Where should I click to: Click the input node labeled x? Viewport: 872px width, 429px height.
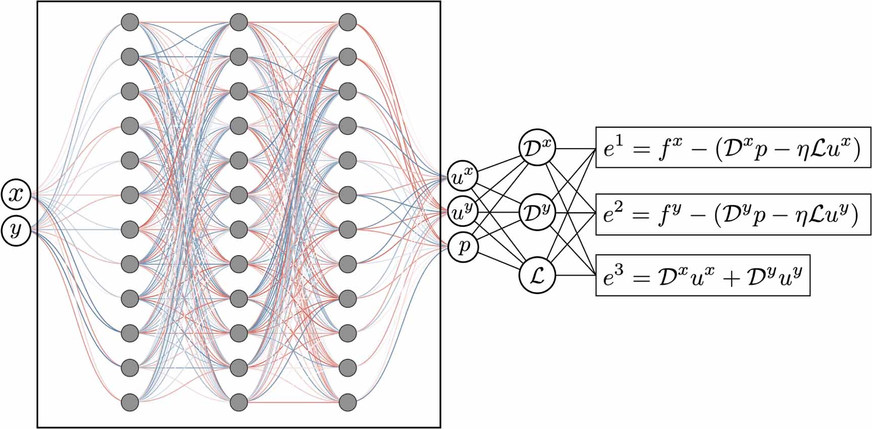(x=17, y=194)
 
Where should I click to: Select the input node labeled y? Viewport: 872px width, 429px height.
(x=17, y=230)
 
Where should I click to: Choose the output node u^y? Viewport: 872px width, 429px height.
(x=463, y=212)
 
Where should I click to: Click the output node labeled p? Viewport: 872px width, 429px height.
(x=463, y=247)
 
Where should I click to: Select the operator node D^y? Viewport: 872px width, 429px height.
(x=537, y=212)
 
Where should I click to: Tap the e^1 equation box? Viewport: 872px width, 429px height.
(x=733, y=148)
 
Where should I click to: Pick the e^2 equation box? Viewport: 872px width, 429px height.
(x=733, y=214)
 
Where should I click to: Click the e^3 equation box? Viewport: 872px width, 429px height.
(x=703, y=275)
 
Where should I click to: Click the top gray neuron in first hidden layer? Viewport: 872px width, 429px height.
(x=130, y=22)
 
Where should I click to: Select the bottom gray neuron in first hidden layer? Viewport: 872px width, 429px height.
(x=130, y=403)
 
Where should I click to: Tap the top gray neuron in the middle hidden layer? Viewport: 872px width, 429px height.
(x=239, y=22)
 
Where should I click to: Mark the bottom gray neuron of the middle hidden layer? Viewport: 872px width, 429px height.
(x=239, y=403)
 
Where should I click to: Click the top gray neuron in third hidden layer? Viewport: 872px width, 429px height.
(x=347, y=22)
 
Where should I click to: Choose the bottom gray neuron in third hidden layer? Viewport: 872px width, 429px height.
(x=347, y=403)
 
